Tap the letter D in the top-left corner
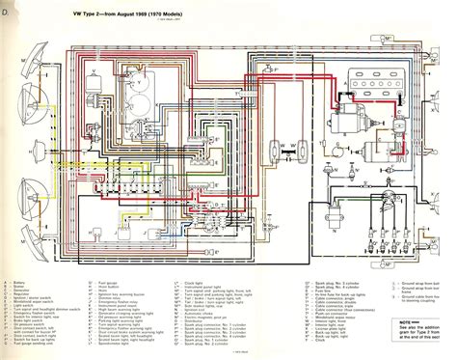(x=7, y=14)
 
